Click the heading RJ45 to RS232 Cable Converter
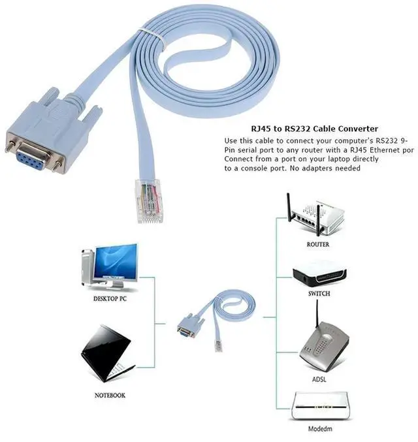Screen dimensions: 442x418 click(x=305, y=129)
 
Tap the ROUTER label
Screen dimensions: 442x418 click(x=317, y=245)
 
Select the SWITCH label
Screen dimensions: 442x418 click(x=318, y=294)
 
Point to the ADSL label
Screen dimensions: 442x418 click(x=319, y=379)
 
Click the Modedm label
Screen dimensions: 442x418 click(x=318, y=430)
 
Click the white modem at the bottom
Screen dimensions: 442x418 click(x=318, y=407)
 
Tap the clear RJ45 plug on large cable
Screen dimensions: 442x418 click(x=148, y=200)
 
